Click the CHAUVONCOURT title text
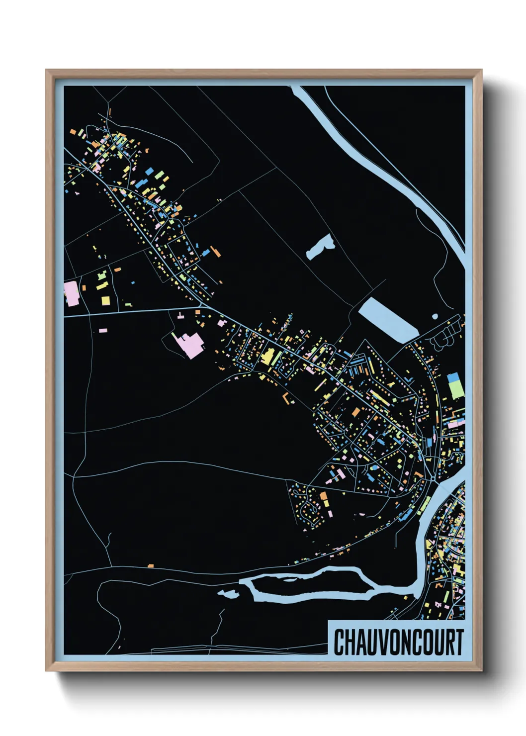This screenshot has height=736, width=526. (x=398, y=642)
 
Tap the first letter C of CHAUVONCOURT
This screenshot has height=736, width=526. (x=339, y=642)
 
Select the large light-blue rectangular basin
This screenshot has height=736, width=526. (x=387, y=320)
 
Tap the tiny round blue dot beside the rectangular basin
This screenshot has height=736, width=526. (x=435, y=316)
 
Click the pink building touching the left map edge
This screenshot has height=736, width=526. (x=72, y=293)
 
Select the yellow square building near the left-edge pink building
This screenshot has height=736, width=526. (x=105, y=300)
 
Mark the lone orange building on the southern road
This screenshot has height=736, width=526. (x=151, y=565)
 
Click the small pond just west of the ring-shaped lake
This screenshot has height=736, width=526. (x=228, y=593)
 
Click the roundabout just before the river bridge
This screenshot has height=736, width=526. (x=433, y=478)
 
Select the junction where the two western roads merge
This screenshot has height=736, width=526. (x=203, y=304)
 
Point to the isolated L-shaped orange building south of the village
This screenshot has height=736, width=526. (x=286, y=398)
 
